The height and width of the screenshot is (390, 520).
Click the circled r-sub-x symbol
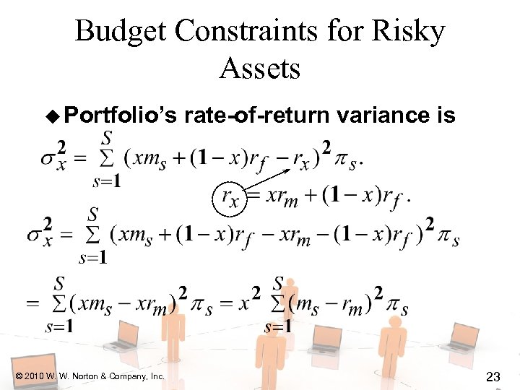(230, 196)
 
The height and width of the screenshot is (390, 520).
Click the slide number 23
(494, 376)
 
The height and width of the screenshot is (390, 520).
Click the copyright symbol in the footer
(18, 376)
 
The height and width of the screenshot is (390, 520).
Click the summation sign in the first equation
(106, 157)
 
